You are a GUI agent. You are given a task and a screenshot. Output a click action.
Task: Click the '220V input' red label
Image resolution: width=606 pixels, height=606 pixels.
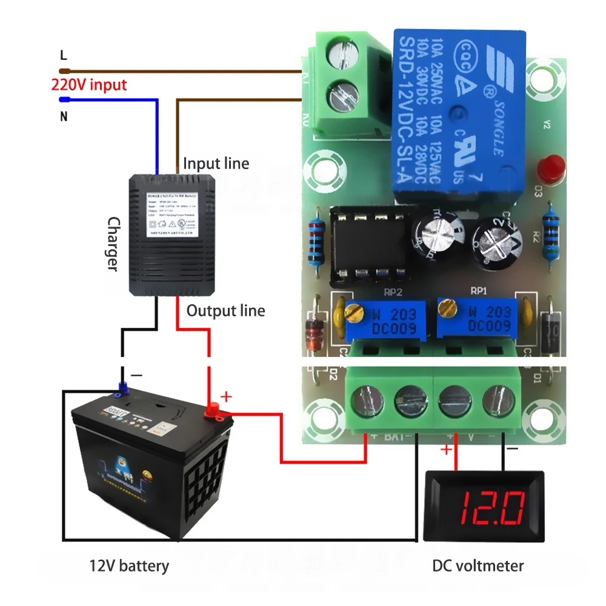point(89,84)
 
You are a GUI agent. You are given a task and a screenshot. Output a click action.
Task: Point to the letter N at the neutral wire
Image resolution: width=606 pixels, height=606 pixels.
point(63,116)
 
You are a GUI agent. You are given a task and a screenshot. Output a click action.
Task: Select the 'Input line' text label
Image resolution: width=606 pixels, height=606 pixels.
point(216,163)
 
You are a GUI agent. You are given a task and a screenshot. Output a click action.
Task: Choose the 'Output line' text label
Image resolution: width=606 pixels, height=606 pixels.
point(225,311)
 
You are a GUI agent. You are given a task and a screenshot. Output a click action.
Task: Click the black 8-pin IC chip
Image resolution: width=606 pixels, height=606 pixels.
point(368,245)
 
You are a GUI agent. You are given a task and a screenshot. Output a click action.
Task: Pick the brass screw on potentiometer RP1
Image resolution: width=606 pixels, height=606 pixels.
point(447,308)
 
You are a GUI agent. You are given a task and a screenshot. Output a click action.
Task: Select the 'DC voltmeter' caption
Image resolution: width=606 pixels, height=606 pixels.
point(478,566)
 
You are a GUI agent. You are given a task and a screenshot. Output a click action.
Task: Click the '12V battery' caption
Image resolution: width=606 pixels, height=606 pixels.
point(128,566)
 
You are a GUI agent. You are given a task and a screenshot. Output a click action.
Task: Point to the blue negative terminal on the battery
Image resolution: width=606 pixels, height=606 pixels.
point(123,386)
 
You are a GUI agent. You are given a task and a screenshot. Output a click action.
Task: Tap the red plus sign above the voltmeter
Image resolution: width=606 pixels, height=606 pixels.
point(446,450)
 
